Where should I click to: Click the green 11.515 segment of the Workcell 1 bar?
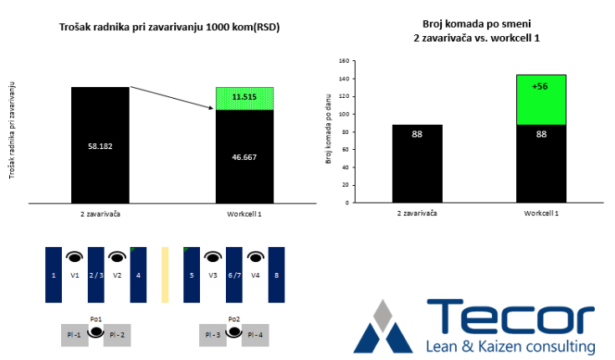(244, 99)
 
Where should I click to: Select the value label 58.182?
(100, 147)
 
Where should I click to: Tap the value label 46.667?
(244, 157)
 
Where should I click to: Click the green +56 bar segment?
(541, 100)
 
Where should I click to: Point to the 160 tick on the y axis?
(345, 61)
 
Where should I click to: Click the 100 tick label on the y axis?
(345, 114)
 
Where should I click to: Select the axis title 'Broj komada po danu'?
(328, 129)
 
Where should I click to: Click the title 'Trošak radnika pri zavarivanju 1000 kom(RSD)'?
(169, 27)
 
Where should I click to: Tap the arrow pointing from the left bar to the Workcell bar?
(172, 98)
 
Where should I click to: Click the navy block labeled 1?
(54, 275)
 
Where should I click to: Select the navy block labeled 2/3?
(96, 275)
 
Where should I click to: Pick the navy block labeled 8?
(276, 275)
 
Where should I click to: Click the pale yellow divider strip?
(165, 275)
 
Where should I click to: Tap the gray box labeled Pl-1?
(74, 335)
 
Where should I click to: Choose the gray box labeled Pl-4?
(255, 335)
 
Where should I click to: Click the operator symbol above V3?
(213, 257)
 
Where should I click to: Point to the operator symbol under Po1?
(95, 332)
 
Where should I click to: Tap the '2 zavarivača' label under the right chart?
(417, 213)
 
